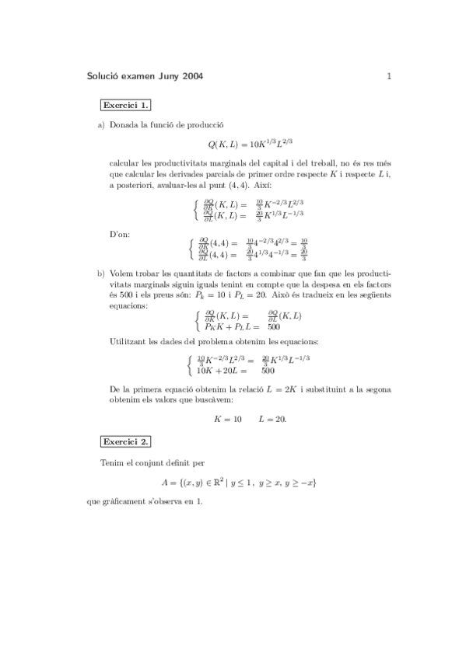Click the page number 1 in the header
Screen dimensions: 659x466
point(388,76)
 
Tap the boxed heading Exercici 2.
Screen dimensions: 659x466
point(125,441)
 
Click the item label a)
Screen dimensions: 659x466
point(100,124)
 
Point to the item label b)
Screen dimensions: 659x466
point(100,274)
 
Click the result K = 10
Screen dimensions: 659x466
point(227,419)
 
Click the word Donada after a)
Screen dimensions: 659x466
point(124,124)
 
